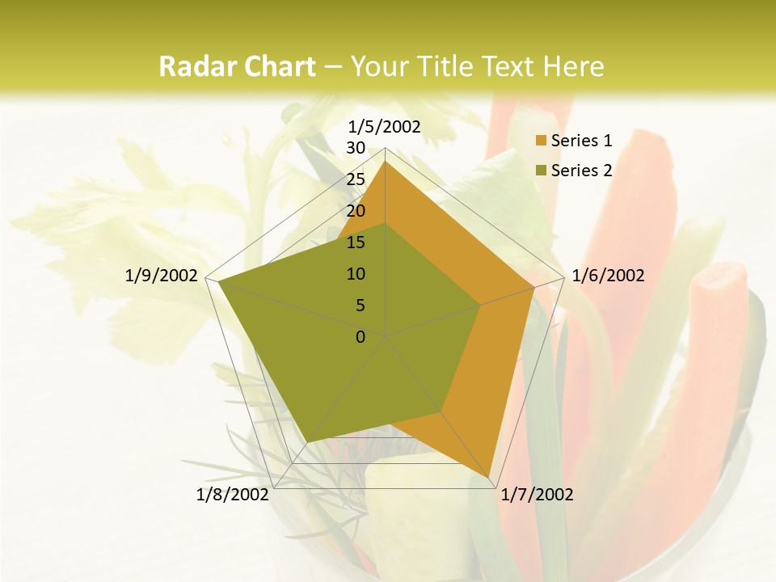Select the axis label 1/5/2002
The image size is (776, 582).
[x=385, y=126]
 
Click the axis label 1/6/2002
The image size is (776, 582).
[x=608, y=276]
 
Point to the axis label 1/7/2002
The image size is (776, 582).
[x=537, y=495]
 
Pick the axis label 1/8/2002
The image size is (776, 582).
[x=233, y=495]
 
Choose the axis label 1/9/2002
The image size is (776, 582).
[x=162, y=276]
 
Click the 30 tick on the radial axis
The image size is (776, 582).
[x=356, y=148]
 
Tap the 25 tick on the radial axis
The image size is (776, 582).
[x=356, y=179]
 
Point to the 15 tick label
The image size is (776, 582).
[x=356, y=242]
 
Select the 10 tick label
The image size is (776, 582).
[x=356, y=274]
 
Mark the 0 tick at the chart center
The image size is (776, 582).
[x=361, y=337]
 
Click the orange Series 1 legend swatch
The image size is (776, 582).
[x=541, y=141]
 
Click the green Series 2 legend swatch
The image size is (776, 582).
[x=541, y=171]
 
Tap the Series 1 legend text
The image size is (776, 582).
[x=581, y=141]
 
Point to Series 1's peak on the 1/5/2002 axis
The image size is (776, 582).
[x=386, y=162]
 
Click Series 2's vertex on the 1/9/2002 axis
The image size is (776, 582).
[x=219, y=282]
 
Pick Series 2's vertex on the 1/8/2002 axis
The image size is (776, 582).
[x=305, y=443]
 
